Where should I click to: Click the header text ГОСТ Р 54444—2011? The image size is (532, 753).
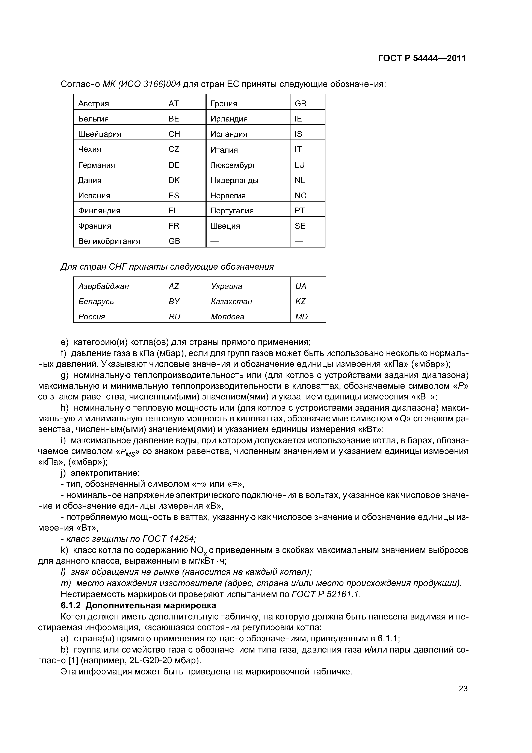click(422, 58)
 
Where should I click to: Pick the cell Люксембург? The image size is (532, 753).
click(233, 165)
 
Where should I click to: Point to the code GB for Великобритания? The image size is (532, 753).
click(174, 241)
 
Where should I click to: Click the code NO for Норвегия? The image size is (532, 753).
click(300, 196)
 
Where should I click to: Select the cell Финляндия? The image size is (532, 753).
click(99, 211)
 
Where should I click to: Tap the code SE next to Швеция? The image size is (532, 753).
click(300, 226)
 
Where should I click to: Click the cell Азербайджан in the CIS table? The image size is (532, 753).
click(104, 286)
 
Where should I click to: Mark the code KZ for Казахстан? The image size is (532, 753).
click(300, 301)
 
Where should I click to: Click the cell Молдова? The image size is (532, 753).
click(227, 317)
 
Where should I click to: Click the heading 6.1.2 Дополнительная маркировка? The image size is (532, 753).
click(138, 605)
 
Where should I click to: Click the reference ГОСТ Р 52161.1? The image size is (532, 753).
click(325, 594)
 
